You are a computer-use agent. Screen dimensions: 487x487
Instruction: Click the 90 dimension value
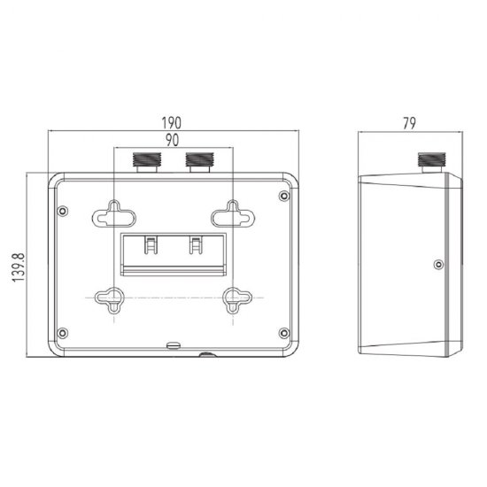click(x=174, y=140)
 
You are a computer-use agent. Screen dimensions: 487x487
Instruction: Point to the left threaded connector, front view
click(x=143, y=161)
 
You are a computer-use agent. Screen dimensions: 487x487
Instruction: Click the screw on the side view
click(x=439, y=263)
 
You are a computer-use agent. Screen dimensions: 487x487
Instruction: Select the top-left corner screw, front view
click(x=63, y=211)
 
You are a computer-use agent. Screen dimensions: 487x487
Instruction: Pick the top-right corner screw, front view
click(x=283, y=196)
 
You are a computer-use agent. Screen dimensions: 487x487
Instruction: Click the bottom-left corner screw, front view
click(x=63, y=333)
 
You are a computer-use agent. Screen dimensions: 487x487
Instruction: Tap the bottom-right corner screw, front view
click(x=283, y=333)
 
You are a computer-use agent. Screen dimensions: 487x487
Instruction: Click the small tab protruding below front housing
click(x=206, y=356)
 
